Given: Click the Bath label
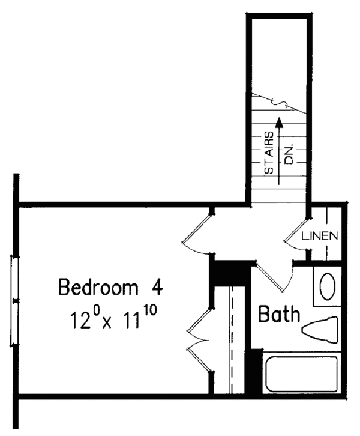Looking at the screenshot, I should [279, 313].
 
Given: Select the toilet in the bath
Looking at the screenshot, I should [320, 330].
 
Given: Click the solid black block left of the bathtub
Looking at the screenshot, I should [255, 372].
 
